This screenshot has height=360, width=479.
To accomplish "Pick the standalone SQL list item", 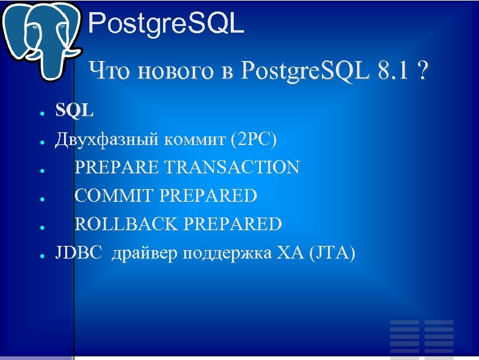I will coord(74,110).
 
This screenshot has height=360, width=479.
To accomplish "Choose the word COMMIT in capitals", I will coord(112,196).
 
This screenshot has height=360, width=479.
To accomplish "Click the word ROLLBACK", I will coord(126,225).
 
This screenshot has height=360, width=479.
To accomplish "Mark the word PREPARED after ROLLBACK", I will coord(233,225).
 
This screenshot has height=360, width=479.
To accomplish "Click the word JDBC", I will coord(76,253).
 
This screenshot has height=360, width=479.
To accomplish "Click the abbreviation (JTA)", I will coord(332,253).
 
